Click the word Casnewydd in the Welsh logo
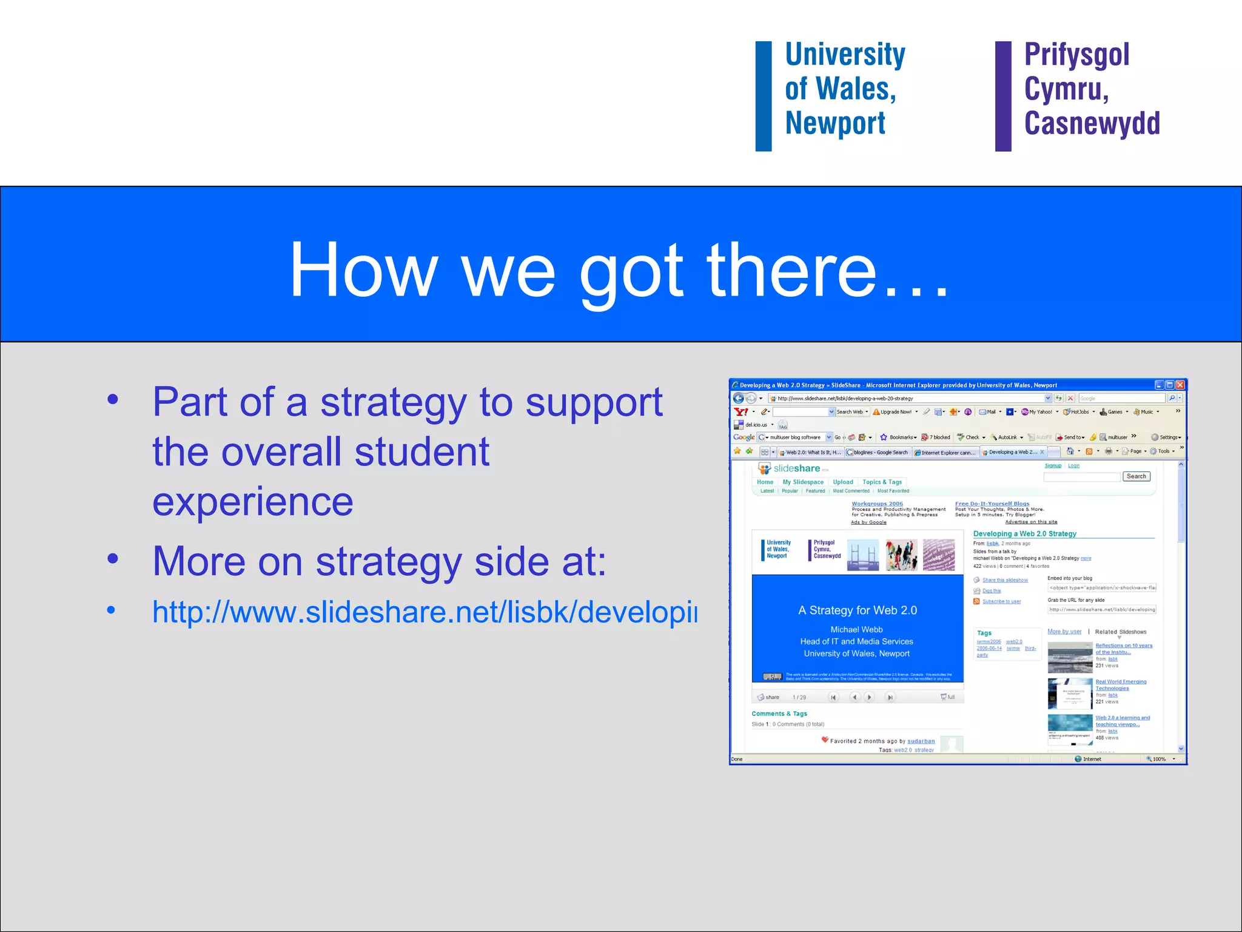pos(1092,123)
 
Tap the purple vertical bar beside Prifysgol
pos(1003,96)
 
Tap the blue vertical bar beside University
pos(764,96)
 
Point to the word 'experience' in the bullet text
pos(252,502)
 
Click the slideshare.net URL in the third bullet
pos(425,612)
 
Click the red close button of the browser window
pos(1180,385)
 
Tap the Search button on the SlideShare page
pos(1136,476)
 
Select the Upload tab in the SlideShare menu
pos(842,482)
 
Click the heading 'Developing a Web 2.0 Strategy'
pos(1024,533)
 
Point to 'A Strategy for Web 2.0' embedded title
pos(857,610)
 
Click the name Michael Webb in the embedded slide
pos(856,629)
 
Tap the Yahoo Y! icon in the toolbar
pos(740,412)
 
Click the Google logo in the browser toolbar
pos(744,437)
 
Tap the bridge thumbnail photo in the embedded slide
pos(862,555)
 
